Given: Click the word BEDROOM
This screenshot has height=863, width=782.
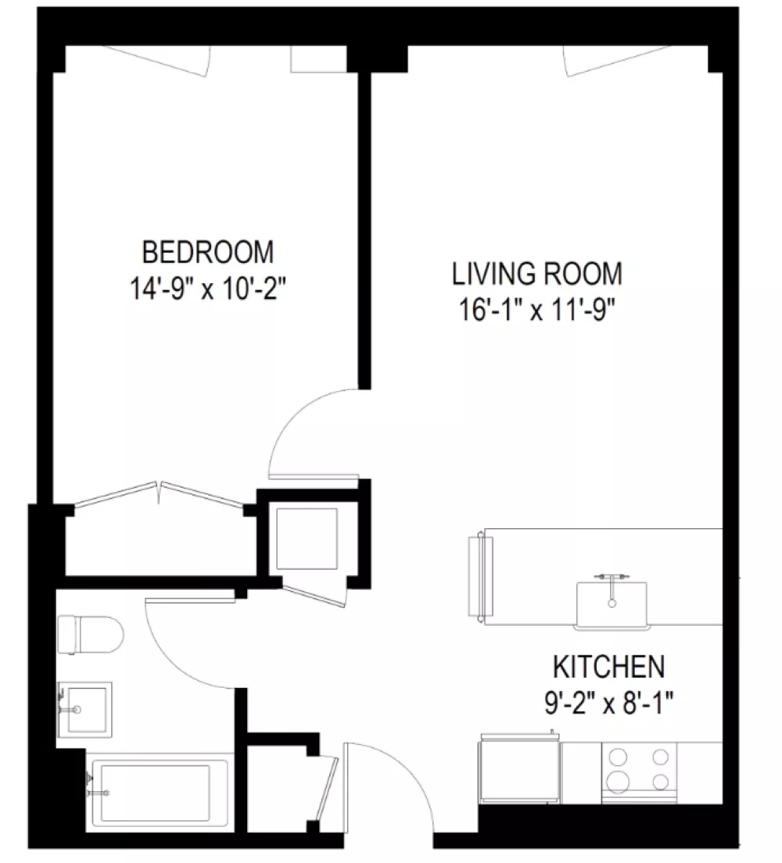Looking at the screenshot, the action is (x=208, y=252).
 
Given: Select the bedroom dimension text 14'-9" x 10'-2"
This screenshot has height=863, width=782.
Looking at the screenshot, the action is (x=208, y=288).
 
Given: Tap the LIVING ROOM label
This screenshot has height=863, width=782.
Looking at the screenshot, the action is (x=536, y=274).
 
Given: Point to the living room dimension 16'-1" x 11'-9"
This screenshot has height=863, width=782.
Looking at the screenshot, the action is (x=536, y=310).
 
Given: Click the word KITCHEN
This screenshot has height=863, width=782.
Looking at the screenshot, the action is (x=608, y=667).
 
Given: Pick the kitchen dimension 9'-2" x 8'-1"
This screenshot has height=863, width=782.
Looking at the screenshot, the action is (x=608, y=703).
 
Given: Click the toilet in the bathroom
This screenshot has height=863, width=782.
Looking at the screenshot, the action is (x=91, y=634).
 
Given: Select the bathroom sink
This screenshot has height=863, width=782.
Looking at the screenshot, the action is (x=85, y=710).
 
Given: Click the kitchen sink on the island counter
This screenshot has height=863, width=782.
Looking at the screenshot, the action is (x=612, y=602).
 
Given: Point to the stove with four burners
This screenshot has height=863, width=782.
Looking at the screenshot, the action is (x=640, y=772).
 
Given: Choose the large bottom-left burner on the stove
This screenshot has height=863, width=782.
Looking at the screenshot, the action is (x=618, y=780).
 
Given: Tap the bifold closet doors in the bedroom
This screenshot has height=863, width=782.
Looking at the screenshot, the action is (x=160, y=493).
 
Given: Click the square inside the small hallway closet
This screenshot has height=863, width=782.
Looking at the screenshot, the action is (x=307, y=539).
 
